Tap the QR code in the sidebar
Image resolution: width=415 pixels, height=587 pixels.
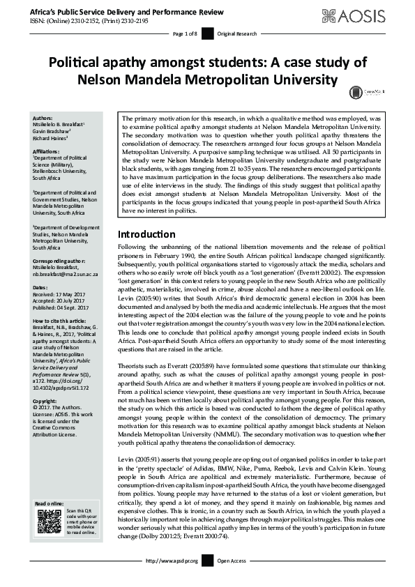pyautogui.click(x=49, y=521)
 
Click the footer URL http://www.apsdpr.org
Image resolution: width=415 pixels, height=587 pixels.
pyautogui.click(x=172, y=579)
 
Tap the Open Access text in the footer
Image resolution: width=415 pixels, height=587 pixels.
pyautogui.click(x=232, y=579)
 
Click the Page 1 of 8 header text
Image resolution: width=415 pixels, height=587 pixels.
pyautogui.click(x=185, y=33)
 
